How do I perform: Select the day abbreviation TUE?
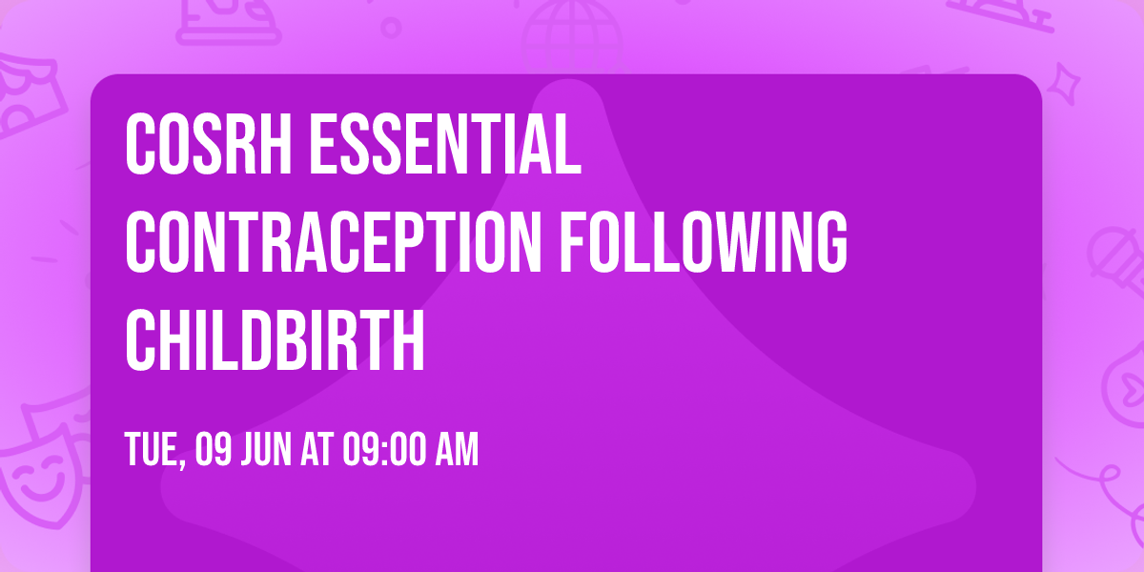pyautogui.click(x=152, y=450)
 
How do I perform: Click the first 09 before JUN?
pyautogui.click(x=211, y=450)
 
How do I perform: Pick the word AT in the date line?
pyautogui.click(x=315, y=450)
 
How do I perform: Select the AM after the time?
pyautogui.click(x=456, y=450)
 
